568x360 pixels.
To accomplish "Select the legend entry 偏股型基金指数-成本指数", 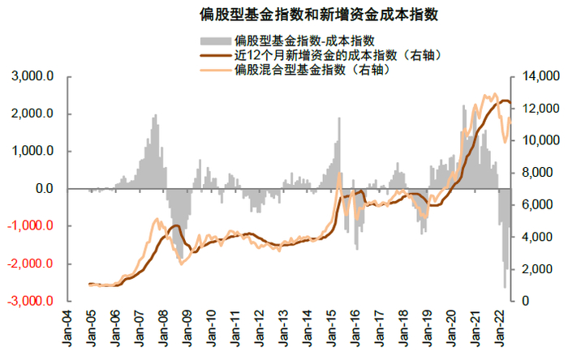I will (303, 40).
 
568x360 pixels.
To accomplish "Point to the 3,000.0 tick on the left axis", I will (33, 77).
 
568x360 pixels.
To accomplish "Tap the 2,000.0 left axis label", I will (33, 114).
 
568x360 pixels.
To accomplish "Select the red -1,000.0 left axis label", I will (31, 226).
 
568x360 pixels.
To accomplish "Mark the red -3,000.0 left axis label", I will (31, 301).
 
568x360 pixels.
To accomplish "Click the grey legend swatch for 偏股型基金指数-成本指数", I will (213, 40).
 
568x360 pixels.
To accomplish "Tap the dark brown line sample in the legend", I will (213, 55).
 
